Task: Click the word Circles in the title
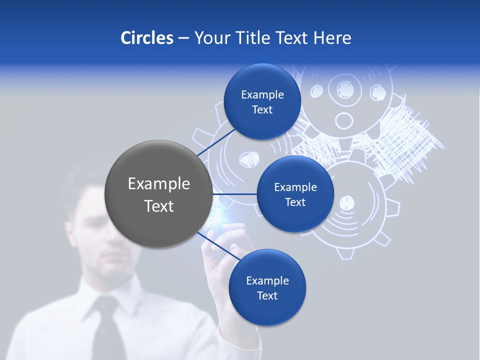(146, 38)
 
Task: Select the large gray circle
(158, 194)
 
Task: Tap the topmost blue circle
(262, 102)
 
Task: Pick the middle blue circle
(295, 194)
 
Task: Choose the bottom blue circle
(267, 288)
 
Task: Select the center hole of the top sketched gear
(343, 120)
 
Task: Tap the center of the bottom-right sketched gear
(346, 203)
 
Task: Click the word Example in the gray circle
(158, 184)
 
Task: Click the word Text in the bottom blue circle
(267, 296)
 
